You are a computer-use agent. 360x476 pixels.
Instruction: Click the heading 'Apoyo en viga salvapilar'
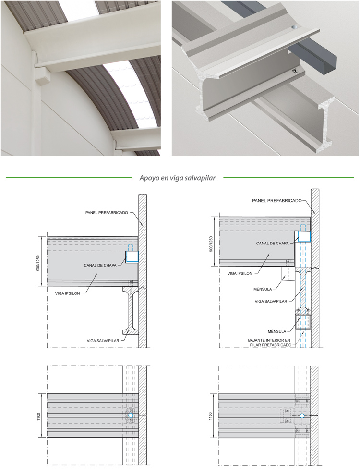coord(178,178)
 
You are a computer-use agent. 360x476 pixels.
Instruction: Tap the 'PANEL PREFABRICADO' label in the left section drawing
coord(107,213)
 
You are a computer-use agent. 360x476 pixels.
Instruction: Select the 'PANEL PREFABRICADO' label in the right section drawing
coord(277,201)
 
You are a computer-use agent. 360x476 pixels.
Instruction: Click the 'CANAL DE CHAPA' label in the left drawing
coord(100,265)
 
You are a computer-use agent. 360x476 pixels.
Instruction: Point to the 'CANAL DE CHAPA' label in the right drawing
coord(272,243)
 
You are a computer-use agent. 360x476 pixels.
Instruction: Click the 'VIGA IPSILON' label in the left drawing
coord(67,293)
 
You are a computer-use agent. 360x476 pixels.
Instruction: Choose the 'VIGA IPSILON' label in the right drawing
coord(240,273)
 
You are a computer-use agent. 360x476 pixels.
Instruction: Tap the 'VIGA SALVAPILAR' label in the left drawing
coord(103,341)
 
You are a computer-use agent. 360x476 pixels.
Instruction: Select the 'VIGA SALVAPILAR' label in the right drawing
coord(271,302)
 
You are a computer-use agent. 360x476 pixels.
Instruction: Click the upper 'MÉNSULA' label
coord(263,289)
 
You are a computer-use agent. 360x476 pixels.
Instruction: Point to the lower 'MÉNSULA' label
coord(277,331)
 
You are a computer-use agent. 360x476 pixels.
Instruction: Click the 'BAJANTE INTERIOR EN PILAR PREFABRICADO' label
coord(270,343)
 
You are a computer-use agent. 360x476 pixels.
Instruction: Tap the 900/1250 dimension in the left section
coord(38,263)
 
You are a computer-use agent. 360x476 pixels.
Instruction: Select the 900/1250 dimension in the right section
coord(211,244)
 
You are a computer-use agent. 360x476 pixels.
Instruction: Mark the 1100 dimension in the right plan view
coord(211,416)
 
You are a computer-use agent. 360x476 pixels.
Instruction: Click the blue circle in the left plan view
coord(131,415)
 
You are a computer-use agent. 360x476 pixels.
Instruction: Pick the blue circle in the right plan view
coord(302,415)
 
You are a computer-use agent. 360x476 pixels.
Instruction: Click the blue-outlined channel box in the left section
coord(132,257)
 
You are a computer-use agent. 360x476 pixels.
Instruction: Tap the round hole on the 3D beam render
coord(295,27)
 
